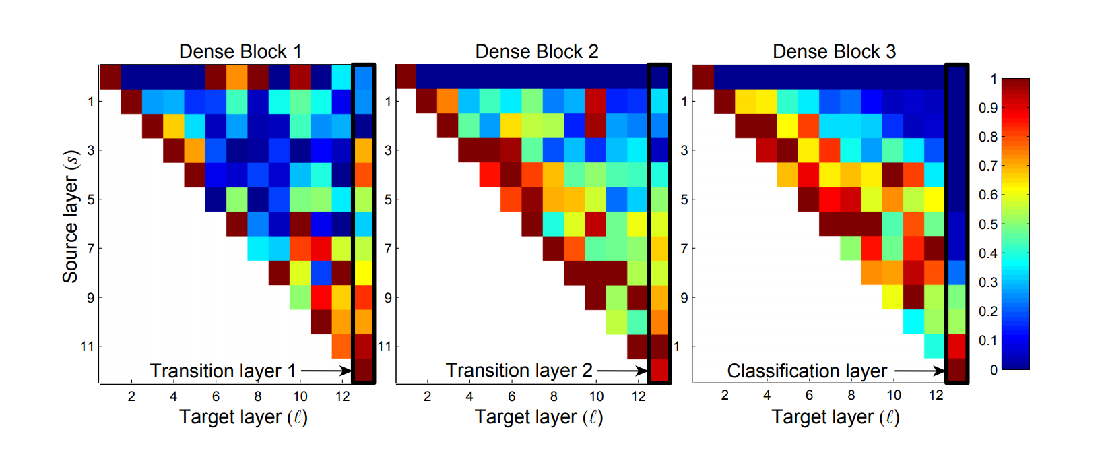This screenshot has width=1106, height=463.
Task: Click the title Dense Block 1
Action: coord(240,52)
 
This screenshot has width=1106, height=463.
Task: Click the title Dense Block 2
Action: coord(536,52)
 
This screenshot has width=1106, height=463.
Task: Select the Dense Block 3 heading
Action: coord(834,52)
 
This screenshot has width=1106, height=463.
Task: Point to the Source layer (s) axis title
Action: coord(71,216)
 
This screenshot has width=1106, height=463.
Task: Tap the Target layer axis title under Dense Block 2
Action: coord(538,417)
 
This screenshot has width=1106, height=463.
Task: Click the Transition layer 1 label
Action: coord(222,371)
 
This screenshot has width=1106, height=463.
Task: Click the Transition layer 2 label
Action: coord(519,371)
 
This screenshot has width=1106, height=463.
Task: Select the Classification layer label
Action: coord(806,371)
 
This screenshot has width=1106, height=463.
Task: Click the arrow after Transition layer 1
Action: coord(327,371)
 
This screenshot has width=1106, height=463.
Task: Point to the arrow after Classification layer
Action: coord(920,371)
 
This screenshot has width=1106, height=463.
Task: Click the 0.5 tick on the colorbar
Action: coord(987,224)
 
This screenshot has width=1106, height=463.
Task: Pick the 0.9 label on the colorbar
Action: coord(987,108)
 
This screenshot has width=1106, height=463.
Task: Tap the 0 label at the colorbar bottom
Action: coord(994,370)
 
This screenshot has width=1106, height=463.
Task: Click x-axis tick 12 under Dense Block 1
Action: coord(343,396)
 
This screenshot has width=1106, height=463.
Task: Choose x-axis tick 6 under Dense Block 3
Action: coord(809,396)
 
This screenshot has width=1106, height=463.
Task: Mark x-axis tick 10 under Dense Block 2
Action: coord(596,396)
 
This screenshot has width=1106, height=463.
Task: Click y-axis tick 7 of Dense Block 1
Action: coord(90,249)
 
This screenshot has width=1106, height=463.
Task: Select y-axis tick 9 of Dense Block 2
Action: coord(387,298)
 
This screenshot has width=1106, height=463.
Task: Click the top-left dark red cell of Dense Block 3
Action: coord(703,77)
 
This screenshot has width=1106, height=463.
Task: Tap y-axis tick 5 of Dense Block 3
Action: coord(684,200)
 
